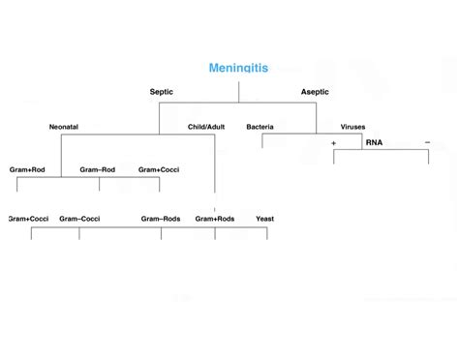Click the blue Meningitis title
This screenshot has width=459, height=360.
[x=238, y=69]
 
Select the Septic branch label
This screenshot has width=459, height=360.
[x=162, y=92]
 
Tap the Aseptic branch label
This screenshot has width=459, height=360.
[x=315, y=92]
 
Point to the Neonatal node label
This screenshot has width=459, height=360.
[x=64, y=127]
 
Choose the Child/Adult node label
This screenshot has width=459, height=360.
[x=206, y=127]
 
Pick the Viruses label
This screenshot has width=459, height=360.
[x=352, y=127]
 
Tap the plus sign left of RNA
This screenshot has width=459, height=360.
[x=333, y=142]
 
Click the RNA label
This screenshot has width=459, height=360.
[x=374, y=142]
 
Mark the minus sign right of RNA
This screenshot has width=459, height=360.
[x=427, y=142]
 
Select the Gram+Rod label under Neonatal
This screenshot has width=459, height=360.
[x=27, y=169]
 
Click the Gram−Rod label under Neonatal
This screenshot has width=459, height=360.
[x=98, y=169]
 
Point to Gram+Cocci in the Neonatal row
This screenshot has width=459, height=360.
[x=159, y=169]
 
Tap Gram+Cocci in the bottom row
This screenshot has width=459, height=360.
[x=29, y=219]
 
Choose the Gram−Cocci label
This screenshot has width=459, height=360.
[x=79, y=219]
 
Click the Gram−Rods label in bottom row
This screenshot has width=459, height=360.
[x=161, y=219]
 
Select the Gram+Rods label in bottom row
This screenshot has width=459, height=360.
[x=215, y=219]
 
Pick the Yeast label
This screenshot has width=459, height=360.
[x=265, y=219]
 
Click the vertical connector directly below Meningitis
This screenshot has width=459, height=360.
[x=238, y=92]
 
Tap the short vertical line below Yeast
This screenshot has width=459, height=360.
[x=267, y=233]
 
